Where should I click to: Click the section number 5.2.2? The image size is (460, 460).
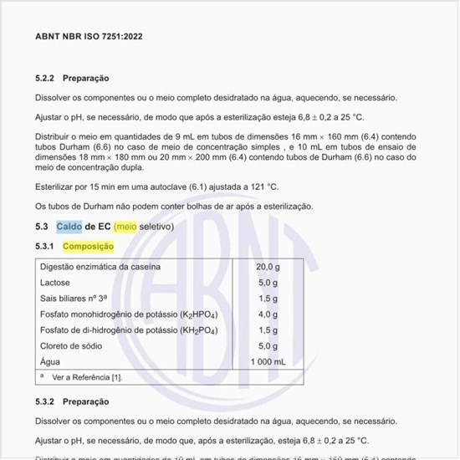pos(45,78)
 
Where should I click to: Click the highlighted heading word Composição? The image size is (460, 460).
pos(89,247)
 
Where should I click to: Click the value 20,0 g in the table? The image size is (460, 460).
pos(268,267)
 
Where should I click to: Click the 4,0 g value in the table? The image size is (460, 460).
pos(268,314)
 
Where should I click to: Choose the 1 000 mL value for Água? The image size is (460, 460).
pos(268,361)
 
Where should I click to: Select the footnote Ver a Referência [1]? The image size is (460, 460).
pos(87,377)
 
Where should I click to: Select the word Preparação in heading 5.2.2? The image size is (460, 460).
pos(86,78)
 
